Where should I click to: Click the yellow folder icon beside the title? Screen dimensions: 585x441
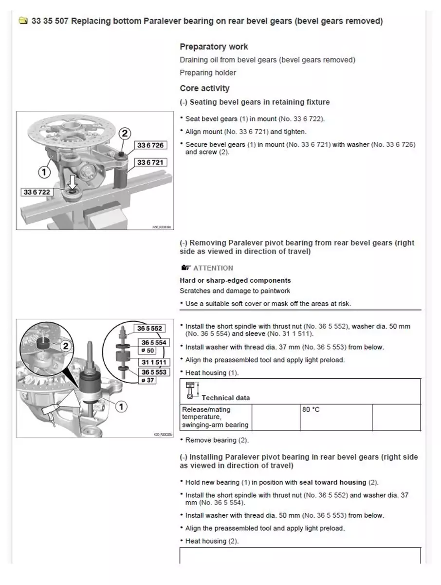point(22,21)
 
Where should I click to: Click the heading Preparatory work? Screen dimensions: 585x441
point(214,47)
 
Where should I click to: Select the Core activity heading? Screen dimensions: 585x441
point(204,88)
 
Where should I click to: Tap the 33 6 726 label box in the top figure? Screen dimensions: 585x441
point(150,145)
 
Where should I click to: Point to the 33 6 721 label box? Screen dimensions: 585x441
point(150,162)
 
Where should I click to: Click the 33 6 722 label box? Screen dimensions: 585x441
point(37,192)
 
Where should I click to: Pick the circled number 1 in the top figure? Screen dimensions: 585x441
point(44,172)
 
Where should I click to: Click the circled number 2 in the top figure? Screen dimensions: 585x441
point(125,133)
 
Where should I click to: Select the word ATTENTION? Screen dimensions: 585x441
point(213,268)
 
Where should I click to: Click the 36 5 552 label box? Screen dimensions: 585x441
point(149,329)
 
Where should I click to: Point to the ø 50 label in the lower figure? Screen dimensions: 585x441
point(148,351)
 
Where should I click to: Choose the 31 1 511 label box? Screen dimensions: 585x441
point(154,362)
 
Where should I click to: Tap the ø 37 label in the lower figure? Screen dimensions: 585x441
point(147,380)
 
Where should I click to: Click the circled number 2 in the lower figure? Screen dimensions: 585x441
point(66,346)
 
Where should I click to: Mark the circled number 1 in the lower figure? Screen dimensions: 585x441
point(121,406)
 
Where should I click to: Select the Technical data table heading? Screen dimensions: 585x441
point(225,398)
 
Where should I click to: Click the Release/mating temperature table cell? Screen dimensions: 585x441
point(215,417)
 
